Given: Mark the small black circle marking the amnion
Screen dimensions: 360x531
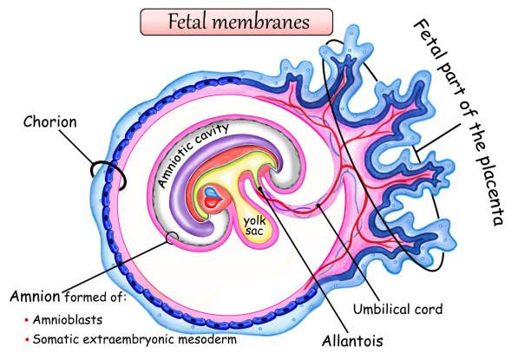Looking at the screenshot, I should pos(174,237).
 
